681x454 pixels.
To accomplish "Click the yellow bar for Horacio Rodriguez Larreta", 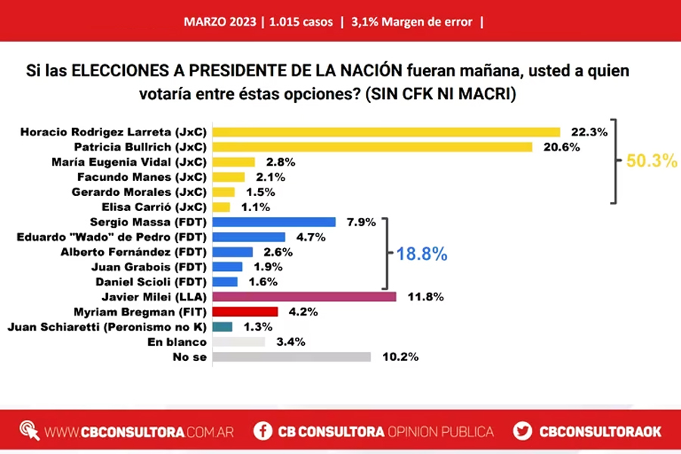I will (387, 132).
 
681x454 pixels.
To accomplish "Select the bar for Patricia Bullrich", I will (374, 147).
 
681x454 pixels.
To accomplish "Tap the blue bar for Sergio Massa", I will (274, 222).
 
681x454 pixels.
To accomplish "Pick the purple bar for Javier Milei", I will (304, 297).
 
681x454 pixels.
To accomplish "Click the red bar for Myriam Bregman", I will (245, 312).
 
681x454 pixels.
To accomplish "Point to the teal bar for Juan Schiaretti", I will (222, 327).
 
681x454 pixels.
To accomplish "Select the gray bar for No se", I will (292, 356).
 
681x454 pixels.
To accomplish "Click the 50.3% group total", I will (651, 161).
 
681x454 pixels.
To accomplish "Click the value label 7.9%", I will (360, 222).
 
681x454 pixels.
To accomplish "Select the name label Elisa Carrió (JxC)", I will (155, 207).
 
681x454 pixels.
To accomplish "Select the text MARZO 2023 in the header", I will (219, 22).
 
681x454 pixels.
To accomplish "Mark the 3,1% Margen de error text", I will (412, 22).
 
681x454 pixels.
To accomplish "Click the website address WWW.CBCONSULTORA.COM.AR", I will (139, 431).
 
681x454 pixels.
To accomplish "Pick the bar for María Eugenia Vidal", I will (234, 162).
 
